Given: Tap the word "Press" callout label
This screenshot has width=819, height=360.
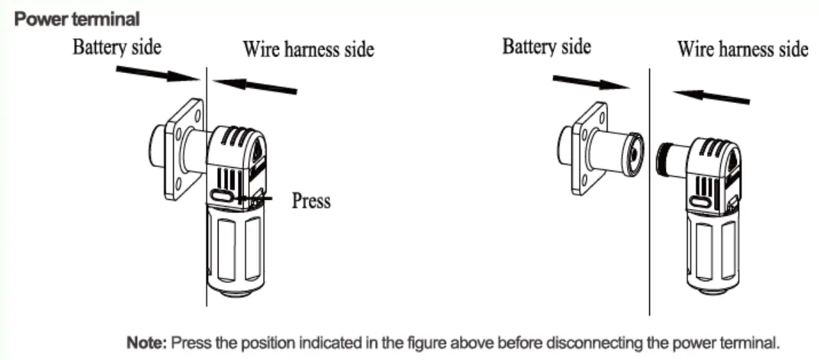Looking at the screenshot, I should coord(310,201).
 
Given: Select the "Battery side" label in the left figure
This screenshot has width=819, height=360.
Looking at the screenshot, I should coord(117,47).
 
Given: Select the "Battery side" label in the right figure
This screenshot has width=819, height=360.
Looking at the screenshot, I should coord(546,47).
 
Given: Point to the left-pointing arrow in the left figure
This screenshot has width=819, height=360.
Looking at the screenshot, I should coord(255,86).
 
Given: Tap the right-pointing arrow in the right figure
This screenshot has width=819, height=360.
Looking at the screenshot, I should coord(590,84).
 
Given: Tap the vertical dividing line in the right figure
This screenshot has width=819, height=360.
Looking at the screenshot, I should coord(649,209).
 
